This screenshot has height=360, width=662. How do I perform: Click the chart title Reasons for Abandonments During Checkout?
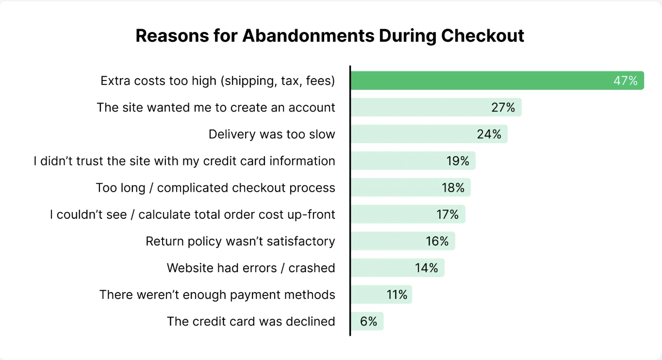click(x=330, y=36)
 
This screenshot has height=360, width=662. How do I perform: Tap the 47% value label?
click(x=625, y=81)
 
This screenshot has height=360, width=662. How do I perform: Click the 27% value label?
click(x=503, y=107)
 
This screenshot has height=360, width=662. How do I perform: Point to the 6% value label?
click(x=369, y=321)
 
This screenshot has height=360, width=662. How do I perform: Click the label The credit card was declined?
click(x=251, y=321)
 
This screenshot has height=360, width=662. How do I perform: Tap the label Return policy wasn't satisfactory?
click(x=240, y=241)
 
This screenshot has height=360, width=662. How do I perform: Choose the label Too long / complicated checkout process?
click(x=215, y=188)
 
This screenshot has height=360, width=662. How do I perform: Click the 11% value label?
click(x=397, y=295)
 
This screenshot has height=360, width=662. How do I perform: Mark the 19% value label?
click(x=458, y=161)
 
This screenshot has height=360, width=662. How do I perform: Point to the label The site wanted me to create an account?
click(x=216, y=107)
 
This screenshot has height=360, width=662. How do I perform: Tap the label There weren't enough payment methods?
click(x=217, y=295)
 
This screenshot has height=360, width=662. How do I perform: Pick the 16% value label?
click(x=437, y=241)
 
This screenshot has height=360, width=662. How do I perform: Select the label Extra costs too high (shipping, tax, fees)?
click(x=218, y=81)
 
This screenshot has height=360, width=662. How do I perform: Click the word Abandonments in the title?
click(x=308, y=36)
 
